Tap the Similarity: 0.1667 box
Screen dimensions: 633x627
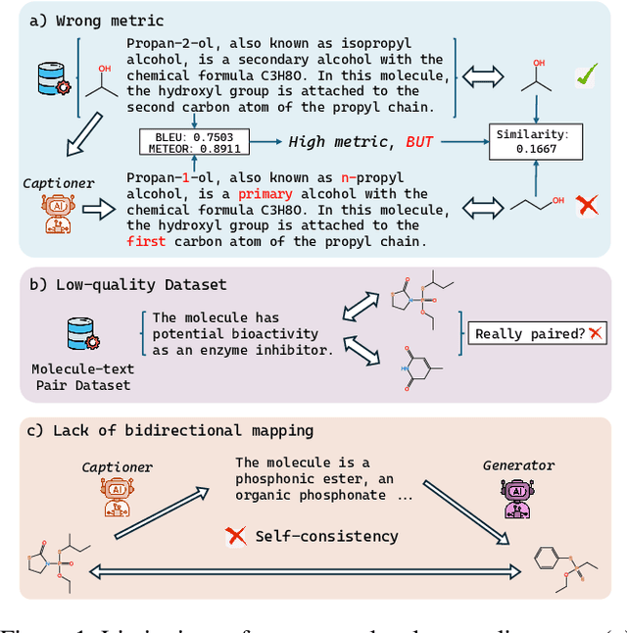(536, 141)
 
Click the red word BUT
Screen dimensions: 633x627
(419, 142)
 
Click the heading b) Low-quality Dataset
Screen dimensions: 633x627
(126, 284)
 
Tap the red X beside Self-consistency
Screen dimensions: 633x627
(235, 535)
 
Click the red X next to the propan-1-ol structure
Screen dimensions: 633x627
(588, 207)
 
